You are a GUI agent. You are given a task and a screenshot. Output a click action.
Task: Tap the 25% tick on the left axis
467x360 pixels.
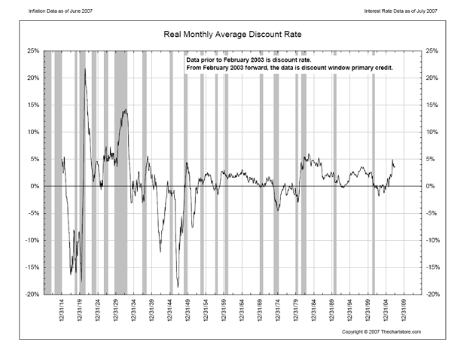(34, 51)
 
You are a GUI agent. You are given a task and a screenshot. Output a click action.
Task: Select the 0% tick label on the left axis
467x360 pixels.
(35, 187)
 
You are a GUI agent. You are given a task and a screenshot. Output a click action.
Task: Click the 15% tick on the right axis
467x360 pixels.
(433, 105)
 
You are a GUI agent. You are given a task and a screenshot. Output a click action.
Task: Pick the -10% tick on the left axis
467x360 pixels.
(33, 241)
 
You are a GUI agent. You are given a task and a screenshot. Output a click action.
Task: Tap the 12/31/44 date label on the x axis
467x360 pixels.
(171, 310)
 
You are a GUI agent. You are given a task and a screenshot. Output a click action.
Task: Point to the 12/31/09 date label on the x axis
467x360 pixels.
(404, 310)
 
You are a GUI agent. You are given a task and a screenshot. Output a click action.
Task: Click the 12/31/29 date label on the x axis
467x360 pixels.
(117, 310)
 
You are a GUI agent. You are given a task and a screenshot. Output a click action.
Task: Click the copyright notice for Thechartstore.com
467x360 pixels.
(381, 331)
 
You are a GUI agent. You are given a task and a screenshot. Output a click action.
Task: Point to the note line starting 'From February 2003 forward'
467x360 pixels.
(289, 68)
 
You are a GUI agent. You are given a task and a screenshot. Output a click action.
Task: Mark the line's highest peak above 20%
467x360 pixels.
(84, 69)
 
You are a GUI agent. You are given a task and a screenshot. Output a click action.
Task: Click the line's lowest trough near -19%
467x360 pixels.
(179, 287)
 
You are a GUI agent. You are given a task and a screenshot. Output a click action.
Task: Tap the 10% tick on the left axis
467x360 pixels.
(34, 133)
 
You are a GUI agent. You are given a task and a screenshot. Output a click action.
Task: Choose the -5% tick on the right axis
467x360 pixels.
(433, 214)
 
